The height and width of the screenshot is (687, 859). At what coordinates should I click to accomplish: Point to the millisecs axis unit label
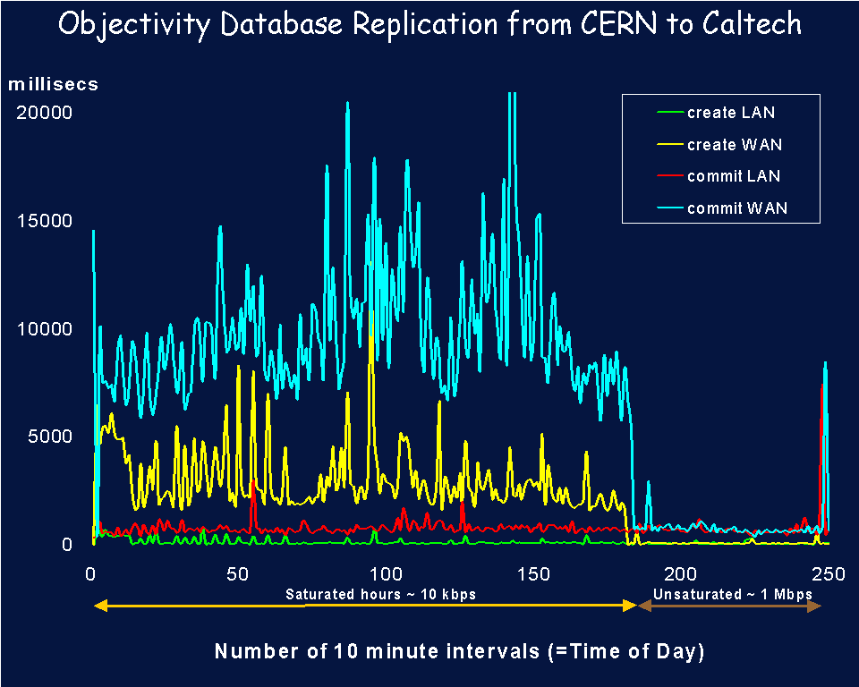coord(54,85)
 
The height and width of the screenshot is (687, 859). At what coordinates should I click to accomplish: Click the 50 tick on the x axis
coord(238,573)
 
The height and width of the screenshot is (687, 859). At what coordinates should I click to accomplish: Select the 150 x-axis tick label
coord(532,573)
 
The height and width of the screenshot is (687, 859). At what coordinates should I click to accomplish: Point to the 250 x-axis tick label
coord(828,573)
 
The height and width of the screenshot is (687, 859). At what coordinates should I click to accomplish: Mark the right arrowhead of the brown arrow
coord(814,606)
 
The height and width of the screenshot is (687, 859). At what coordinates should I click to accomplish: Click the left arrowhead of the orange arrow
coord(99,606)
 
